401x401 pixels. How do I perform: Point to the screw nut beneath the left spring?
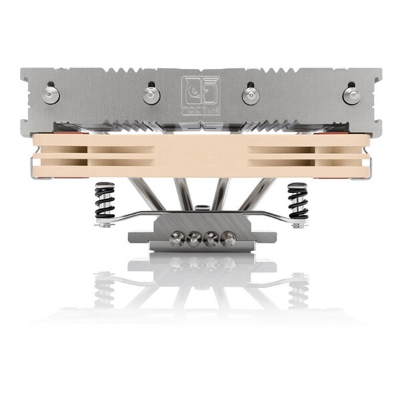click(104, 225)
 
